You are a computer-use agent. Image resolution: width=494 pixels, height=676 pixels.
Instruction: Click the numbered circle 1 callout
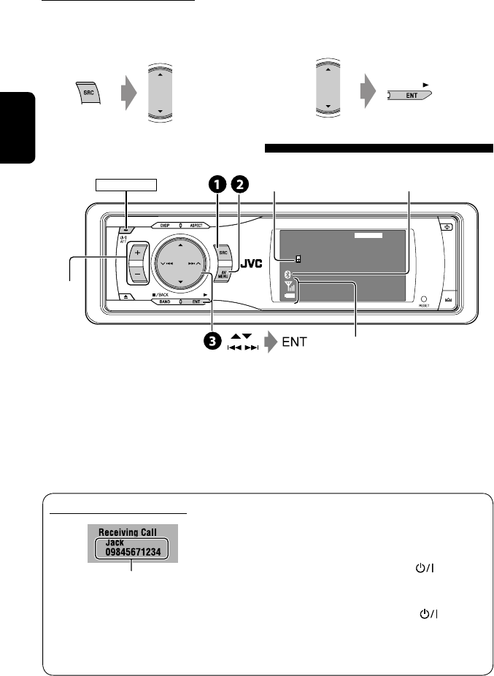[x=217, y=185]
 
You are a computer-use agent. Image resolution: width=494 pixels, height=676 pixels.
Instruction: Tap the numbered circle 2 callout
[x=237, y=185]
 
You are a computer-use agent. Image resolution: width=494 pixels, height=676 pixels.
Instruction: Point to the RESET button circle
[x=423, y=299]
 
